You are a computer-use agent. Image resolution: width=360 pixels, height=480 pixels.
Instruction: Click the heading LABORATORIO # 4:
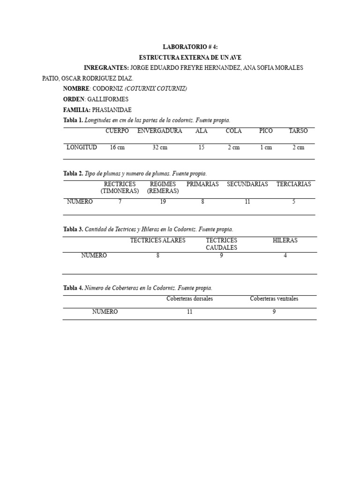click(x=190, y=47)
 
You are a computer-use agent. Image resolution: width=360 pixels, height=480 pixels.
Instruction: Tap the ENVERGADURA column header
click(x=159, y=131)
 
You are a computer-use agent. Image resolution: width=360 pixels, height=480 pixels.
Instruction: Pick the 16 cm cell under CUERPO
click(x=117, y=147)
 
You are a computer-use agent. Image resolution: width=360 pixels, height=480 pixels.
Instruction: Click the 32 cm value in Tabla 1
click(x=159, y=147)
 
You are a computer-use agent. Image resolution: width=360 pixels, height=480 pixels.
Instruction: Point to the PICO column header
click(x=266, y=131)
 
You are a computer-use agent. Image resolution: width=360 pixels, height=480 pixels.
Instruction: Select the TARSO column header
click(x=298, y=131)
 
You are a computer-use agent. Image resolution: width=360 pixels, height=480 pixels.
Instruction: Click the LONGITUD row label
click(x=82, y=147)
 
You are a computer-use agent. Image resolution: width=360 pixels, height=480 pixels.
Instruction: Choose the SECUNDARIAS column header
click(x=247, y=184)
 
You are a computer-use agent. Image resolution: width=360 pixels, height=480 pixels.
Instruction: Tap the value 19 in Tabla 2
click(x=163, y=202)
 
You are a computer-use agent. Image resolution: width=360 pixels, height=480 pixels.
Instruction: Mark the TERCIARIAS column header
click(x=293, y=184)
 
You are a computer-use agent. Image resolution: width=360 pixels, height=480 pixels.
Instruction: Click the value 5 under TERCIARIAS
click(x=293, y=202)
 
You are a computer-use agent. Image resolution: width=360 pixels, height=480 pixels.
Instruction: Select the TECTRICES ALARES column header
click(x=157, y=240)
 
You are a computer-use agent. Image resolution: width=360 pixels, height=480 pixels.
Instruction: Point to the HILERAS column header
click(x=285, y=240)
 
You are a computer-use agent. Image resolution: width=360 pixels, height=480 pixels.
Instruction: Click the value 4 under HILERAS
click(x=285, y=255)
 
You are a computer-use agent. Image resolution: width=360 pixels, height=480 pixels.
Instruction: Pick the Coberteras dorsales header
click(x=189, y=299)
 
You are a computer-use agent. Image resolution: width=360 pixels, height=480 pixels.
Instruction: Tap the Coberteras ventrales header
click(x=274, y=299)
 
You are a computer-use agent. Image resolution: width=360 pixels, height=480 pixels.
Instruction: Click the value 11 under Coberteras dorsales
click(x=189, y=312)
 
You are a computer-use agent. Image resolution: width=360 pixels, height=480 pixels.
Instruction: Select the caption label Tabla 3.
click(x=73, y=229)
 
